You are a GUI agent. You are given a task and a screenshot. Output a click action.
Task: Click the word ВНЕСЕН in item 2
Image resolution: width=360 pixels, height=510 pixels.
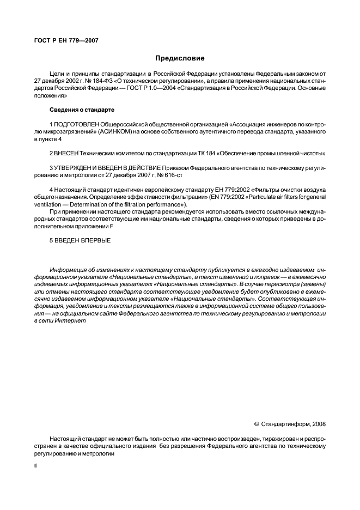69,154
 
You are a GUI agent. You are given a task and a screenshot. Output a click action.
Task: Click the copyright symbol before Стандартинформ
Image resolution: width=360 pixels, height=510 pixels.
257,423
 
